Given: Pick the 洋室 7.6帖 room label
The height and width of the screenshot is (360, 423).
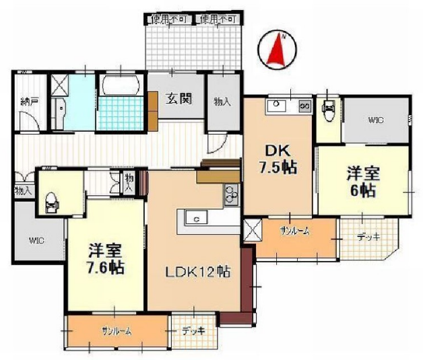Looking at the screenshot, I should coord(105,259).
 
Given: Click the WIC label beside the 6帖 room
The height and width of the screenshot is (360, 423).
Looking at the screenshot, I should coord(375,121).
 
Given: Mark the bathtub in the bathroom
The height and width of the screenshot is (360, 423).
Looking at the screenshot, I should coord(121,87).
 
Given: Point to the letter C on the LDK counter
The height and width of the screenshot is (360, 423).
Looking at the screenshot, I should coord(196,219).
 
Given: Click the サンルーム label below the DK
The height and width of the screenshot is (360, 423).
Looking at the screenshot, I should coord(295,231).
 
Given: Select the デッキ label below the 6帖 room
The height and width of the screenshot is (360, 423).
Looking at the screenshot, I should coord(368,236).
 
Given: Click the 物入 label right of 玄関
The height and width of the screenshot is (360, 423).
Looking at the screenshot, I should coord(222,102).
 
